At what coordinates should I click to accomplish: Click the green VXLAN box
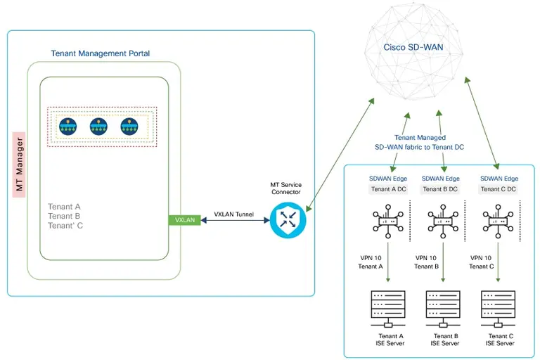[184, 220]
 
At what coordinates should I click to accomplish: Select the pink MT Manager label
[20, 165]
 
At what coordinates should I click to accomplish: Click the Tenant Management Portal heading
[101, 53]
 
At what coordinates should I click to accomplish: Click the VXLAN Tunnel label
[234, 214]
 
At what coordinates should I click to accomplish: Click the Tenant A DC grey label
[388, 189]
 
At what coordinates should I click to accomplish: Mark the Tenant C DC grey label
[499, 189]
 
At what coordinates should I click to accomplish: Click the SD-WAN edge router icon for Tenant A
[385, 221]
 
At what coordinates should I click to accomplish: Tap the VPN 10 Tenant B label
[426, 262]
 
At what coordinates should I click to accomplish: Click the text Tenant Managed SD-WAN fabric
[419, 143]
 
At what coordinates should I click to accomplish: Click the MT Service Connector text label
[287, 188]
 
